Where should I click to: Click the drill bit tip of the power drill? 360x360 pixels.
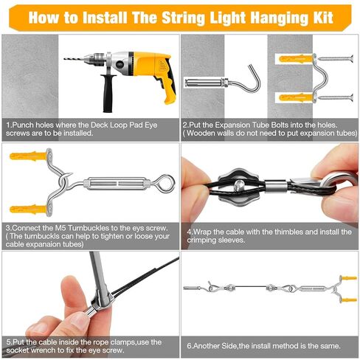(64, 59)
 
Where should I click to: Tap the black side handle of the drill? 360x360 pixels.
(108, 93)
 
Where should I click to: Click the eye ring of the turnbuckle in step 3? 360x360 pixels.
(166, 183)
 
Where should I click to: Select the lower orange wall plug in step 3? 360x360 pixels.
(28, 210)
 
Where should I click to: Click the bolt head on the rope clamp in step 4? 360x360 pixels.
(238, 185)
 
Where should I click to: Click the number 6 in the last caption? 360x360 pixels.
(189, 346)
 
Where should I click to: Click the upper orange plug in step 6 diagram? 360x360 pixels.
(349, 278)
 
